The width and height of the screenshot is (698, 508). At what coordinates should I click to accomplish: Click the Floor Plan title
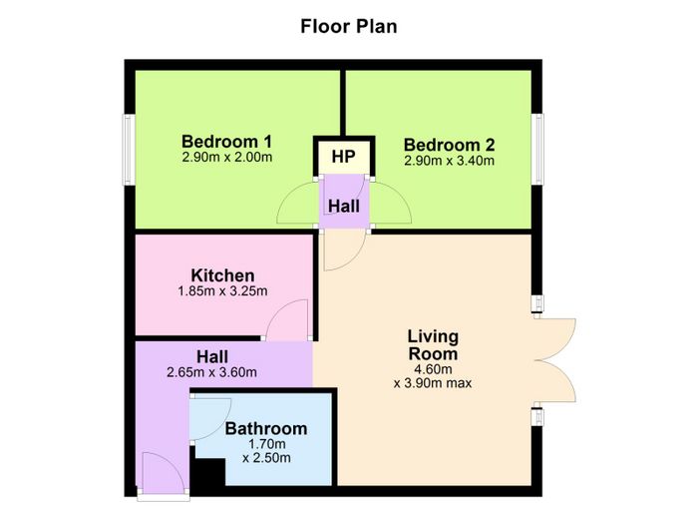click(x=349, y=26)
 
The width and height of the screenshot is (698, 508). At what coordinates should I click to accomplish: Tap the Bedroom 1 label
click(x=226, y=142)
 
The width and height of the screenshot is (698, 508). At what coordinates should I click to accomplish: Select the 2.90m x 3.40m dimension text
click(x=449, y=161)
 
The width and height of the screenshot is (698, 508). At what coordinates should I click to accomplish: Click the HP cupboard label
click(x=344, y=157)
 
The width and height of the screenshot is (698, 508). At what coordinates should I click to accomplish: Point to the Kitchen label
click(x=222, y=275)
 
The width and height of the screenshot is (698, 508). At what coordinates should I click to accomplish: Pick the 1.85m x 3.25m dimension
click(x=222, y=291)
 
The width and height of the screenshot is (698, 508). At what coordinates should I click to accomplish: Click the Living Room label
click(x=433, y=345)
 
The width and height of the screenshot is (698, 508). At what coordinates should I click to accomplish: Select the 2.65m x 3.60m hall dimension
click(x=211, y=372)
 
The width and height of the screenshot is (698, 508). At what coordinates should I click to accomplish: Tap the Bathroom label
click(x=266, y=429)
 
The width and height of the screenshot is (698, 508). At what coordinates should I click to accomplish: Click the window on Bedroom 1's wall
click(x=129, y=150)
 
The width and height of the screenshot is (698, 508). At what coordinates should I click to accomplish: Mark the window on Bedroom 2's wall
click(x=537, y=149)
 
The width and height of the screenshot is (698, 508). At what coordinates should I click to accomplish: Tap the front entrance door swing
click(x=172, y=462)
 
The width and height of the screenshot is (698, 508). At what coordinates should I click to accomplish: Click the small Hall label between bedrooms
click(x=344, y=207)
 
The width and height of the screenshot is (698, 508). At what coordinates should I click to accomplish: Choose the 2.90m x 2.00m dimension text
click(x=227, y=158)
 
